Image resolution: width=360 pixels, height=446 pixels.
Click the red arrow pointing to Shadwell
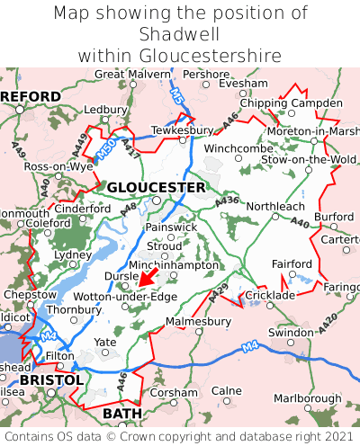[148, 276]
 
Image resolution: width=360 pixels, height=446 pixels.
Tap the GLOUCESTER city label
[156, 187]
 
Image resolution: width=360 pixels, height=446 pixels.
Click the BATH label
[122, 413]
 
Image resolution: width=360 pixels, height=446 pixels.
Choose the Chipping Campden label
[291, 103]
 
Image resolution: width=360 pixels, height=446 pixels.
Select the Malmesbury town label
[199, 320]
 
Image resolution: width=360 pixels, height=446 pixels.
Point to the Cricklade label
[271, 295]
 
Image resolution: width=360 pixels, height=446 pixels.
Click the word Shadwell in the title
[180, 34]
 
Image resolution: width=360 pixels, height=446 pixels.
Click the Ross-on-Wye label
[58, 167]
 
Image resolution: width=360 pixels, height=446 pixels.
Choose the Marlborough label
[308, 398]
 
